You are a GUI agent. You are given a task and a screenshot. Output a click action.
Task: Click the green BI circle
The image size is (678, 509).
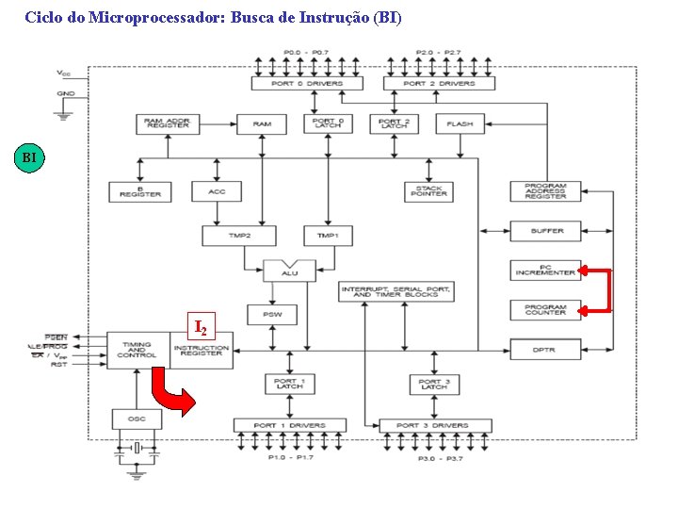click(29, 157)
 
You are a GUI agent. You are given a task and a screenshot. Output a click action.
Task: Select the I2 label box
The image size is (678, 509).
click(201, 326)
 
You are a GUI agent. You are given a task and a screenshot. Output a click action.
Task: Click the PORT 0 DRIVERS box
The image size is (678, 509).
click(307, 84)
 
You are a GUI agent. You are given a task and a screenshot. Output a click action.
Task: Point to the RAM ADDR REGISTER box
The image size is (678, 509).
click(168, 123)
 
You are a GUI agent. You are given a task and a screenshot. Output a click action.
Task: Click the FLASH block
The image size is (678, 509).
click(460, 123)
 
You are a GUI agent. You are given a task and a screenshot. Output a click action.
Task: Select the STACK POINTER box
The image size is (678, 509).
click(429, 190)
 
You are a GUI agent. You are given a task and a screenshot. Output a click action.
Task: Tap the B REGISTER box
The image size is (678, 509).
click(140, 191)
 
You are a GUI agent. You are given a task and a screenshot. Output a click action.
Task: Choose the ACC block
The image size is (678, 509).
click(217, 191)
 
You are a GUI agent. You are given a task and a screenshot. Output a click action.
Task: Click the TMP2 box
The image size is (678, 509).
click(238, 235)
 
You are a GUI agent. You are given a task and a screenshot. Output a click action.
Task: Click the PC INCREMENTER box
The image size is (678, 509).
click(545, 271)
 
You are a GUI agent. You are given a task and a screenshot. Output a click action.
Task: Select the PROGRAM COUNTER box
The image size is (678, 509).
click(545, 310)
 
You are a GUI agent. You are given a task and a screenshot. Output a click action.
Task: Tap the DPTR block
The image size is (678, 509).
click(545, 350)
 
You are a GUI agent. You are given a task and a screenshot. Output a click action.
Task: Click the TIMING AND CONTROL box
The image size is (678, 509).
click(137, 350)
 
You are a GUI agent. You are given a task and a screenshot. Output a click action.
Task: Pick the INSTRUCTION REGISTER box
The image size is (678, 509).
click(202, 350)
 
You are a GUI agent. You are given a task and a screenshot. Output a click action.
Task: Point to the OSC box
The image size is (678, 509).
click(130, 417)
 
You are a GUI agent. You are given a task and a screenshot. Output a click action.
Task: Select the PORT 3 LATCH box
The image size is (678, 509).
click(433, 385)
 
